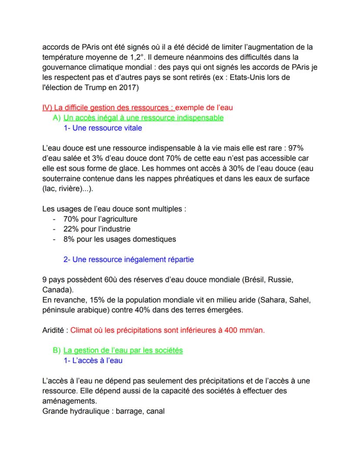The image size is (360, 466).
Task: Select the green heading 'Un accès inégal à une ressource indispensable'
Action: (143, 117)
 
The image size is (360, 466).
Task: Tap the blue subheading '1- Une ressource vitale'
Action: (102, 128)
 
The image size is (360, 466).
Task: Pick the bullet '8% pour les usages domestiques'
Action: (120, 239)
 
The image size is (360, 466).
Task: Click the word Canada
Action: (56, 289)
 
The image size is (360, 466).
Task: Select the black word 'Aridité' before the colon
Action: (53, 330)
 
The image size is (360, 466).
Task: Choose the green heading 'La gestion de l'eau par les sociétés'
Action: (123, 350)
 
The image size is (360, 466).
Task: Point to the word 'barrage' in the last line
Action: (131, 410)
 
